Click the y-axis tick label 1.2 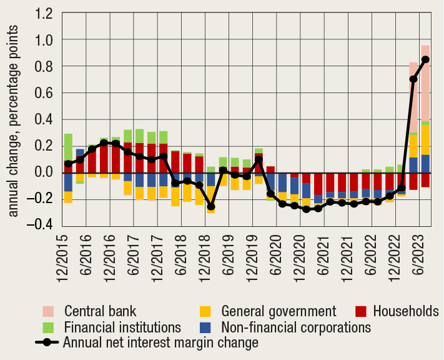[46, 13]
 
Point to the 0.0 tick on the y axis [46, 172]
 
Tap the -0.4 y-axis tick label [43, 225]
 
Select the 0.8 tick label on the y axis [46, 66]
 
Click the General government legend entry [279, 311]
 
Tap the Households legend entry [406, 311]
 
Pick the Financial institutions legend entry [122, 326]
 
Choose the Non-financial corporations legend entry [296, 326]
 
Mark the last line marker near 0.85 [425, 59]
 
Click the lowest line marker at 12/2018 [210, 206]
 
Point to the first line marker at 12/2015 [68, 164]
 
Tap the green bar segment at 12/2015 [68, 147]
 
